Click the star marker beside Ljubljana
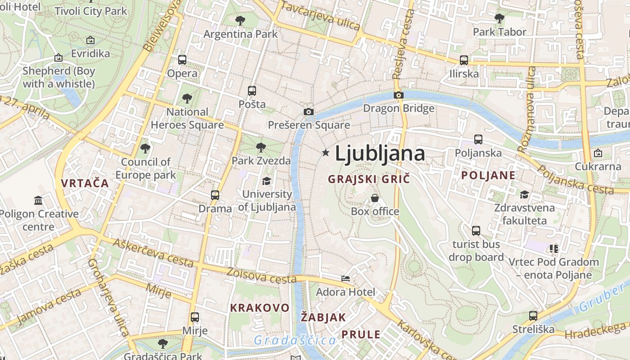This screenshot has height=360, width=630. pyautogui.click(x=325, y=153)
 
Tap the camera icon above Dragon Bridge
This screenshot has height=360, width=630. pyautogui.click(x=398, y=95)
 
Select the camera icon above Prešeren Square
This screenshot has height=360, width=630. pyautogui.click(x=308, y=112)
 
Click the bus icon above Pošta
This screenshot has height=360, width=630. pyautogui.click(x=252, y=90)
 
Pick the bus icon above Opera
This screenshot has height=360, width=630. pyautogui.click(x=182, y=59)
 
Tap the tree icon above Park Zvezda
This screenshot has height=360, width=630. pyautogui.click(x=261, y=147)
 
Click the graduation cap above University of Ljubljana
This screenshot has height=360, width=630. pyautogui.click(x=266, y=181)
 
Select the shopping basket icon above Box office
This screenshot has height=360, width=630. pyautogui.click(x=374, y=198)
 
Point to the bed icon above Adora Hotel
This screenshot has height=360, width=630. pyautogui.click(x=346, y=279)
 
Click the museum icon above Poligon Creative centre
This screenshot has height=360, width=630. pyautogui.click(x=38, y=200)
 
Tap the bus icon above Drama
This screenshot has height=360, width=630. pyautogui.click(x=215, y=195)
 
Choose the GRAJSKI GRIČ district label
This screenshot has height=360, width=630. pyautogui.click(x=369, y=179)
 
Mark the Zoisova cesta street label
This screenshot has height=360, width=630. pyautogui.click(x=261, y=275)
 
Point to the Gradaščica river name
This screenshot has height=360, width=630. pyautogui.click(x=295, y=340)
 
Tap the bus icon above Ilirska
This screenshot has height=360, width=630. pyautogui.click(x=463, y=60)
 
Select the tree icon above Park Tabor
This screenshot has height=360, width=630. pyautogui.click(x=499, y=18)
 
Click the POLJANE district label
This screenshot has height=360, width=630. pyautogui.click(x=488, y=175)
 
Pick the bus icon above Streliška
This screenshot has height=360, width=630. pyautogui.click(x=533, y=315)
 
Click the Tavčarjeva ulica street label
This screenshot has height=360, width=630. pyautogui.click(x=320, y=16)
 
